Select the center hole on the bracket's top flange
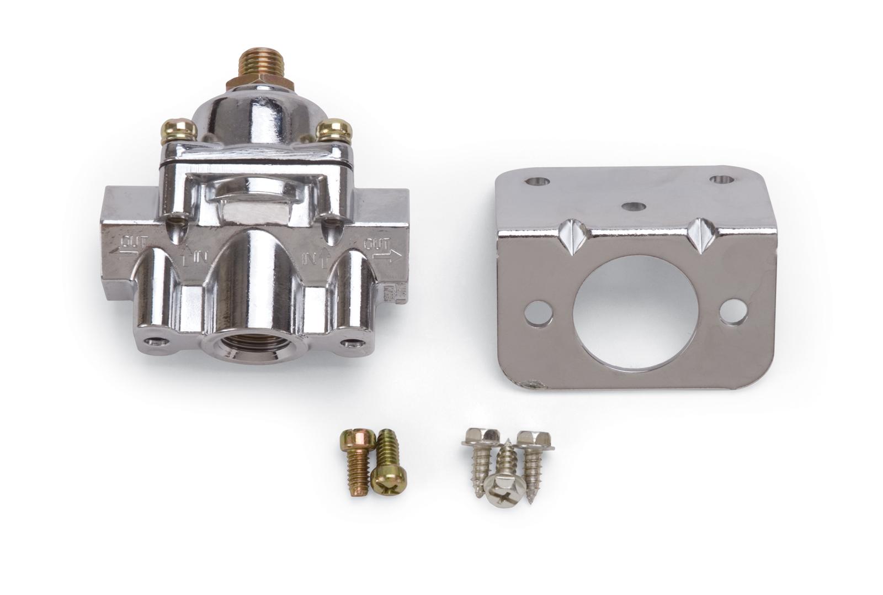point(632,206)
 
